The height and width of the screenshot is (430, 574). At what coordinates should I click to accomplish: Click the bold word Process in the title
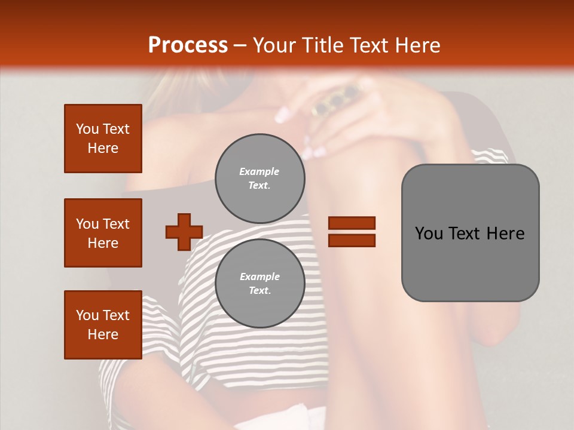click(188, 45)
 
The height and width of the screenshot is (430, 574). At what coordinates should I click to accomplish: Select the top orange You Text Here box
click(103, 139)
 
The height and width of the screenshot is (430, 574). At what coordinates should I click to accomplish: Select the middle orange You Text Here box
click(103, 233)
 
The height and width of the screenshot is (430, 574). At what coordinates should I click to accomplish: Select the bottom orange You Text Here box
click(103, 324)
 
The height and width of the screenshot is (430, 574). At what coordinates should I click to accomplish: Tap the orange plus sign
click(184, 232)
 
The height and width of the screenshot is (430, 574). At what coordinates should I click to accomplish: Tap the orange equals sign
click(352, 232)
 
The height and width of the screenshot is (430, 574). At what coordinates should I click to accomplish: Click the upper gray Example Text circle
click(260, 179)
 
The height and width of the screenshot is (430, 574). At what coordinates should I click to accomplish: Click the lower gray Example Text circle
click(260, 284)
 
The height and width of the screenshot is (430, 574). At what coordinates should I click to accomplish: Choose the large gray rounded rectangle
click(470, 233)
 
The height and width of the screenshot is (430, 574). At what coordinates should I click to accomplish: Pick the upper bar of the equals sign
click(352, 223)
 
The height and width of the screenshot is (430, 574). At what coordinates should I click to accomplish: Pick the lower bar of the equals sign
click(352, 240)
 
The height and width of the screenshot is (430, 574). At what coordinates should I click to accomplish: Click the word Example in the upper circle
click(259, 171)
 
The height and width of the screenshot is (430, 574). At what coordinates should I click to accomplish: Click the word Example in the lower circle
click(259, 277)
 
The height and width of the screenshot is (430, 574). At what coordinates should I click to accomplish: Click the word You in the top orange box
click(87, 129)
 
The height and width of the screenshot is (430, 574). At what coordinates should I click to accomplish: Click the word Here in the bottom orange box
click(103, 334)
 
